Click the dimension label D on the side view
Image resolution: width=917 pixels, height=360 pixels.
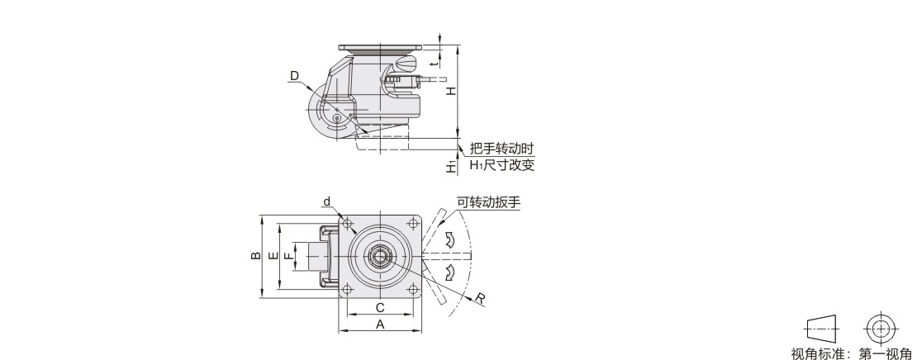[294, 76]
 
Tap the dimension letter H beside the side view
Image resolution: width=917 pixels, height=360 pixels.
[451, 91]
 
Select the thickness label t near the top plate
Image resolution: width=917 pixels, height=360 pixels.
[434, 62]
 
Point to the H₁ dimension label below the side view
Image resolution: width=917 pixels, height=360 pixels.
[451, 167]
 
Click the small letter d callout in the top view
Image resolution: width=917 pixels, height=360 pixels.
[327, 202]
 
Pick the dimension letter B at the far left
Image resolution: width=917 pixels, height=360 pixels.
[256, 256]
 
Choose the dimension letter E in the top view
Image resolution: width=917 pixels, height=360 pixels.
[273, 256]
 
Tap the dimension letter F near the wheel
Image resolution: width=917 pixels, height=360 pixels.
[288, 256]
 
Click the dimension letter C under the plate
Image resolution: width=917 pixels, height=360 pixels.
[379, 308]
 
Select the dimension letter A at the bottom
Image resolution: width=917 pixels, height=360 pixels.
[380, 324]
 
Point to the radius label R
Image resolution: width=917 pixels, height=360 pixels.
[480, 299]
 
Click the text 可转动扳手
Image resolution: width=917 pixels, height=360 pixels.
[488, 203]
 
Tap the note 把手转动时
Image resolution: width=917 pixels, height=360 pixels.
[501, 149]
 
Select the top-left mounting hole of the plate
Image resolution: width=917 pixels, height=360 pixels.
[347, 224]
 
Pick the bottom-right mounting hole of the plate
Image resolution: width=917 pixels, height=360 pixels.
[413, 289]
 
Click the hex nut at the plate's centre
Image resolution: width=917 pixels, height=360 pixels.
[379, 256]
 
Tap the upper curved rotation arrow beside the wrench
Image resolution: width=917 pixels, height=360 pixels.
[449, 239]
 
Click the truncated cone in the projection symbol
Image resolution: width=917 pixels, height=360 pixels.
[822, 329]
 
